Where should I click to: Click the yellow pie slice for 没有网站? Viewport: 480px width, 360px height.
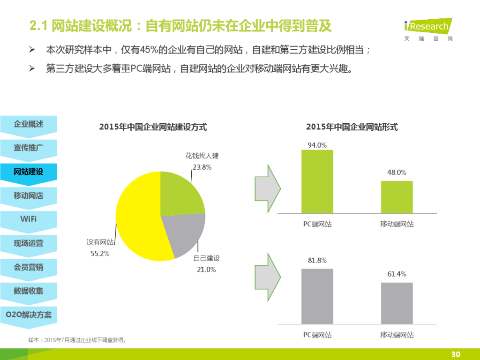[x=136, y=216]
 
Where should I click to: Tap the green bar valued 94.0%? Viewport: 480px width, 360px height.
[x=317, y=181]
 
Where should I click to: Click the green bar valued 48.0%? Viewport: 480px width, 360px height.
[x=397, y=196]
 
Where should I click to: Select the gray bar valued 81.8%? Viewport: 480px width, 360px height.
[x=317, y=296]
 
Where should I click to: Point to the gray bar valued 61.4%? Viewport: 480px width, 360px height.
[x=397, y=303]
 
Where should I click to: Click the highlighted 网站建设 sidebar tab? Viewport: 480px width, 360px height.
[x=28, y=172]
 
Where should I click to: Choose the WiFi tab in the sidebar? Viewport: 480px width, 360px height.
[x=28, y=219]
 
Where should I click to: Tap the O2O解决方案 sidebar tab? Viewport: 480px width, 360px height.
[x=28, y=315]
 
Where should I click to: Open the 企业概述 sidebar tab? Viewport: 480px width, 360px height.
[x=28, y=124]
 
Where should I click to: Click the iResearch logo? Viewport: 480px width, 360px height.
[x=427, y=29]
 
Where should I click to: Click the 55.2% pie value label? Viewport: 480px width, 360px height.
[x=100, y=254]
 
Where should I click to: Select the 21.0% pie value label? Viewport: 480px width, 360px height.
[x=206, y=270]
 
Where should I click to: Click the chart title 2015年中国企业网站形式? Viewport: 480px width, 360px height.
[x=352, y=127]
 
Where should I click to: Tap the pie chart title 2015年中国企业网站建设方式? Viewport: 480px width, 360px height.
[x=153, y=127]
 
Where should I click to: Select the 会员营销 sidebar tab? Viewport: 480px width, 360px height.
[x=28, y=267]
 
